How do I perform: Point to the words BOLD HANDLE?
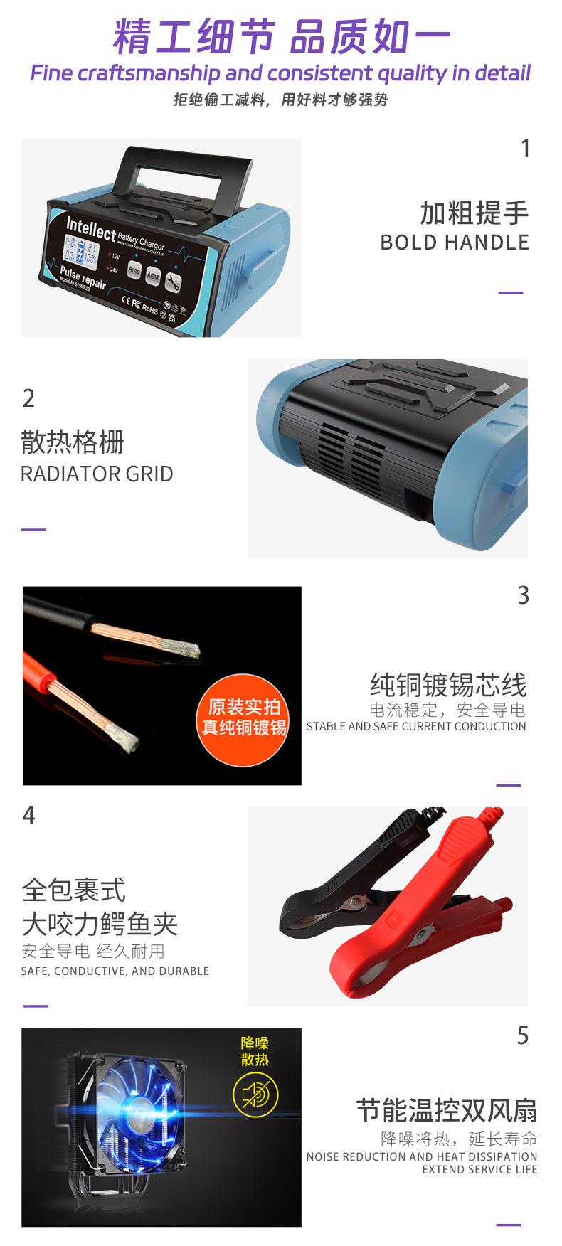[455, 243]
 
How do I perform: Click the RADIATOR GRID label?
[97, 474]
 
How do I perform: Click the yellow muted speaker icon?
[255, 1095]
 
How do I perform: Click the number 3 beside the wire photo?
[523, 596]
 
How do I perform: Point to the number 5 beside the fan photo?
[523, 1036]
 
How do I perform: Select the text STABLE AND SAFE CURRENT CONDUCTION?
[416, 727]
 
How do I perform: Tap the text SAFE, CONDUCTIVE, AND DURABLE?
[115, 971]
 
